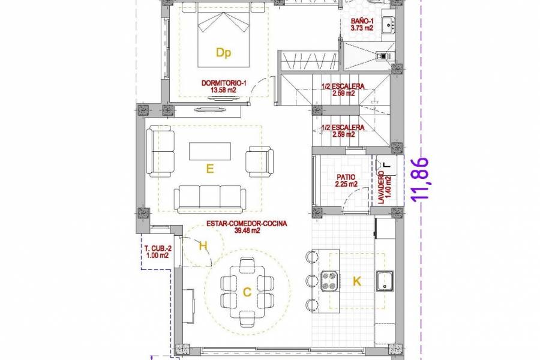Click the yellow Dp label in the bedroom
(x=223, y=53)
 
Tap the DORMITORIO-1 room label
(x=223, y=83)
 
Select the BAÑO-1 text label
(x=364, y=21)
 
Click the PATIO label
(x=346, y=177)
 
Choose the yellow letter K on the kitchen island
(x=357, y=281)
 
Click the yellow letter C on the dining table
(x=247, y=292)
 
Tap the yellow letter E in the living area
(x=210, y=169)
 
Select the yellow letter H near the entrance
(x=203, y=245)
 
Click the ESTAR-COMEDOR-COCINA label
(x=247, y=223)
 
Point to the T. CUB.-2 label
(x=157, y=248)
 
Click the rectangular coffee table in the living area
(x=209, y=151)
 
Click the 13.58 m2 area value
(x=223, y=91)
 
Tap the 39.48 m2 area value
(x=247, y=230)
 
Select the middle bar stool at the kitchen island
(x=311, y=280)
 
